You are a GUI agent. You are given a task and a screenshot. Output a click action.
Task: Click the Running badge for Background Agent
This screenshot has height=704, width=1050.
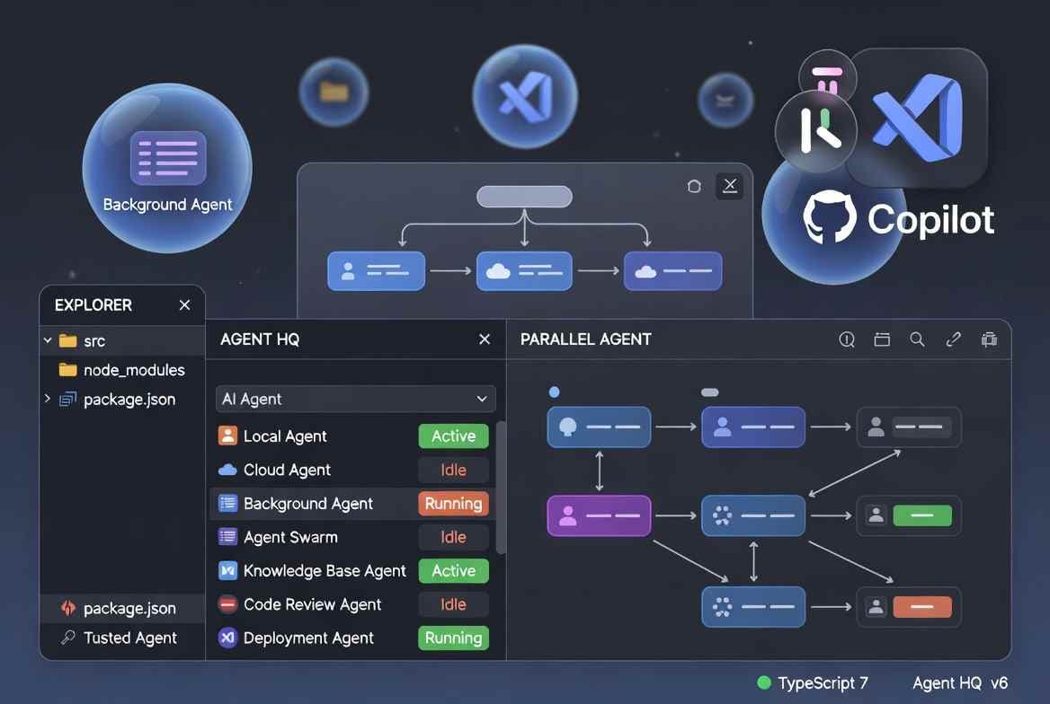click(x=453, y=504)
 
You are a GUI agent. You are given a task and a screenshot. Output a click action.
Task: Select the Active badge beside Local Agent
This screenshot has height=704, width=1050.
click(x=453, y=436)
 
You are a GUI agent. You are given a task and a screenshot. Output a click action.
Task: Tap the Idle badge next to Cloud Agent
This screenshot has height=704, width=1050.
click(x=453, y=470)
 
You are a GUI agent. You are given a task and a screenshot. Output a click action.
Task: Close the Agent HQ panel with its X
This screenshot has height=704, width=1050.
click(x=485, y=339)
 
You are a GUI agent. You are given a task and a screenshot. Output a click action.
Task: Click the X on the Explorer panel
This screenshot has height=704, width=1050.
click(x=184, y=305)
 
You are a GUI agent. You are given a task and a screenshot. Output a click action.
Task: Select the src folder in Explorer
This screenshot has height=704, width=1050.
click(x=93, y=341)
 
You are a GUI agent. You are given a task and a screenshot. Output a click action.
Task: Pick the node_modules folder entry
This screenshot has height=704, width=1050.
click(x=134, y=370)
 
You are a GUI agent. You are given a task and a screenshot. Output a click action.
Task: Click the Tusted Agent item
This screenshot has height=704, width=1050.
click(x=129, y=638)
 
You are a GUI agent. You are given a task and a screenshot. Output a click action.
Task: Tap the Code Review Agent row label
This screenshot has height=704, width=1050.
click(x=312, y=604)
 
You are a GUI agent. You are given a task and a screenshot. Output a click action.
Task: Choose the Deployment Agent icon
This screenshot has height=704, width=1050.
click(x=227, y=638)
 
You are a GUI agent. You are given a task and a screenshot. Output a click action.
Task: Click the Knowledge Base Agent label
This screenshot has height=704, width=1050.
click(x=325, y=571)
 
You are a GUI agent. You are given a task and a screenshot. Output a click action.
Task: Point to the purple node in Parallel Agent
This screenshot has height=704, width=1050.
click(x=599, y=515)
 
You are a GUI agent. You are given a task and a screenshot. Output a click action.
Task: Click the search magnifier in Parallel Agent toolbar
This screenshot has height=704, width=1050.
click(x=917, y=339)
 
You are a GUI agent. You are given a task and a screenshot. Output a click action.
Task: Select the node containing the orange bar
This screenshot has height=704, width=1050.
click(x=909, y=607)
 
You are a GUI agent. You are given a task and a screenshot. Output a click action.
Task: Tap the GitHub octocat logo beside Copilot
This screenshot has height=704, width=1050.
click(x=829, y=218)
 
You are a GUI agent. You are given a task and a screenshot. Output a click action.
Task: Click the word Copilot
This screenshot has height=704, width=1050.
click(x=931, y=220)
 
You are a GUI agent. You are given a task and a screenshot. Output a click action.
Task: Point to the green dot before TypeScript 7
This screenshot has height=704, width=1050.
click(x=764, y=683)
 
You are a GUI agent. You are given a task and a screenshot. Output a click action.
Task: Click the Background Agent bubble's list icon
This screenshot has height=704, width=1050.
click(x=168, y=157)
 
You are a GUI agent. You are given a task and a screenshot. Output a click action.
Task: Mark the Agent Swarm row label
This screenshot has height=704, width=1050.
click(x=290, y=537)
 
